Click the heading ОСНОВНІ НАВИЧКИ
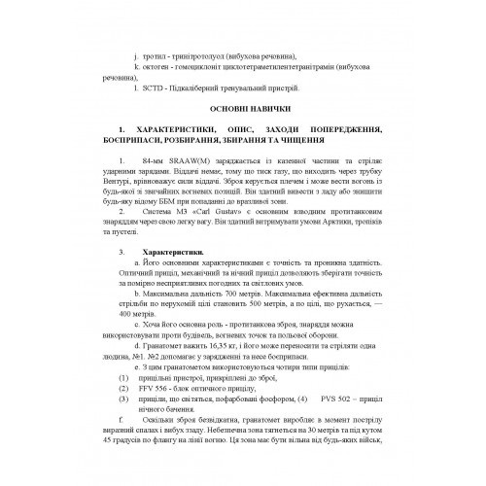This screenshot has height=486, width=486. pyautogui.click(x=243, y=107)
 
